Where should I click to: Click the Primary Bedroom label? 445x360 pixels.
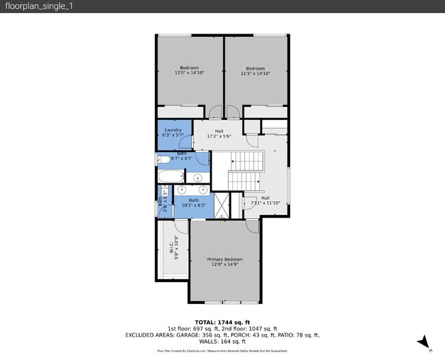225,259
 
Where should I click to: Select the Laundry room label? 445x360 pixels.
173,129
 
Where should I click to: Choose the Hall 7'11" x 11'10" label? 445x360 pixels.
265,201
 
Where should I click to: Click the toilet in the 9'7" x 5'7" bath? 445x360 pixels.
164,160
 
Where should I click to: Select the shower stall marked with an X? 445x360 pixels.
221,205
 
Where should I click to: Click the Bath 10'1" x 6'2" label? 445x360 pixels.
194,203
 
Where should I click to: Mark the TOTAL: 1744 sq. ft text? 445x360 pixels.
222,322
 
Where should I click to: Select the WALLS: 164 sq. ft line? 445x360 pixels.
222,342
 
